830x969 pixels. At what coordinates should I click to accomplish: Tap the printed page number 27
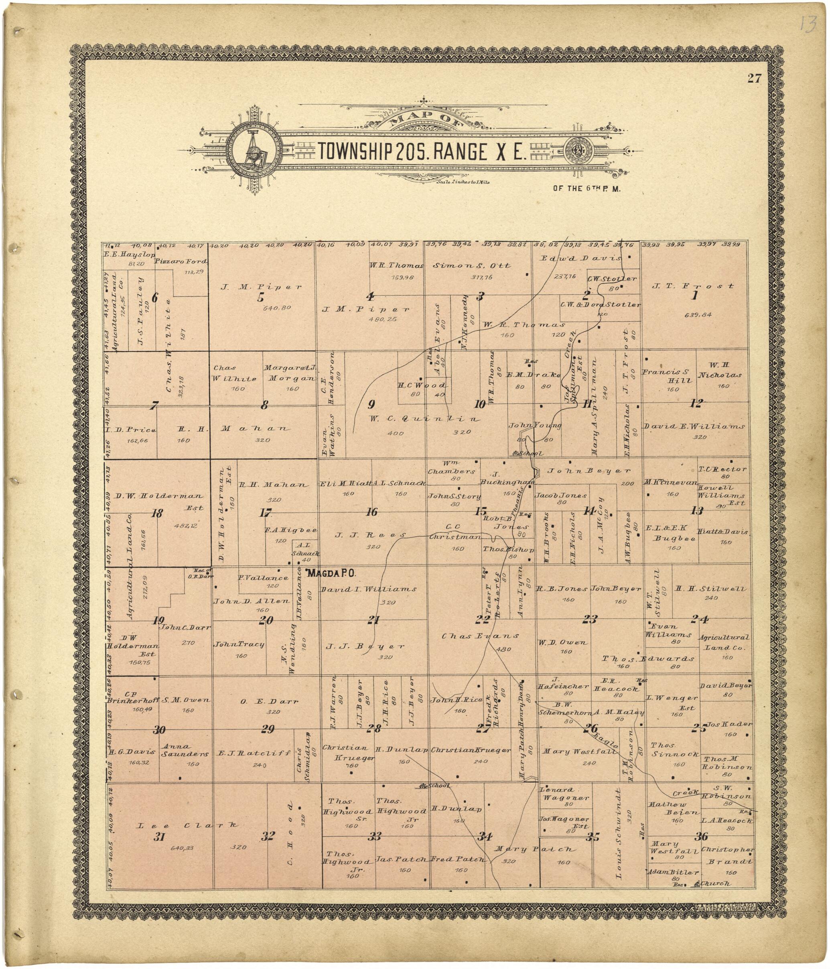[754, 79]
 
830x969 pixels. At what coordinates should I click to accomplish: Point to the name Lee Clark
[187, 826]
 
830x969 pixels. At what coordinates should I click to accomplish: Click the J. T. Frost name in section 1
[693, 286]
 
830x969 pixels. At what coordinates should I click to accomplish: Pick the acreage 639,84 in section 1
[697, 315]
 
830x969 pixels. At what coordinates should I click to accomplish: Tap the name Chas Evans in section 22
[481, 636]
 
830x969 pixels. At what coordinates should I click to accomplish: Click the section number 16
[371, 512]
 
